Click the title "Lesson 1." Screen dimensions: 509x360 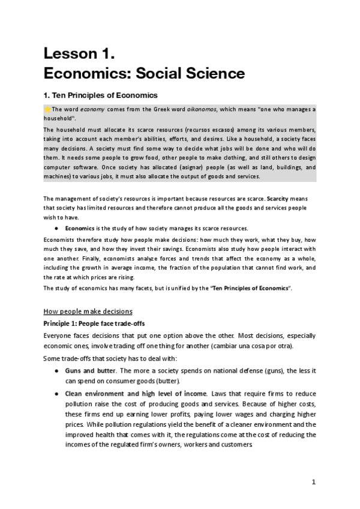pyautogui.click(x=79, y=53)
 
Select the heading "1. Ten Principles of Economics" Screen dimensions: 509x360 pyautogui.click(x=100, y=95)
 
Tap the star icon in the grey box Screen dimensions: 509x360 pyautogui.click(x=48, y=109)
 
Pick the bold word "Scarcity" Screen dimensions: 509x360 pyautogui.click(x=281, y=198)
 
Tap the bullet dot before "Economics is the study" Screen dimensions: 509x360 pyautogui.click(x=56, y=228)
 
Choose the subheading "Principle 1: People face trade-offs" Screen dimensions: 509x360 pyautogui.click(x=94, y=323)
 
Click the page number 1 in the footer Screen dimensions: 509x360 pyautogui.click(x=313, y=482)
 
